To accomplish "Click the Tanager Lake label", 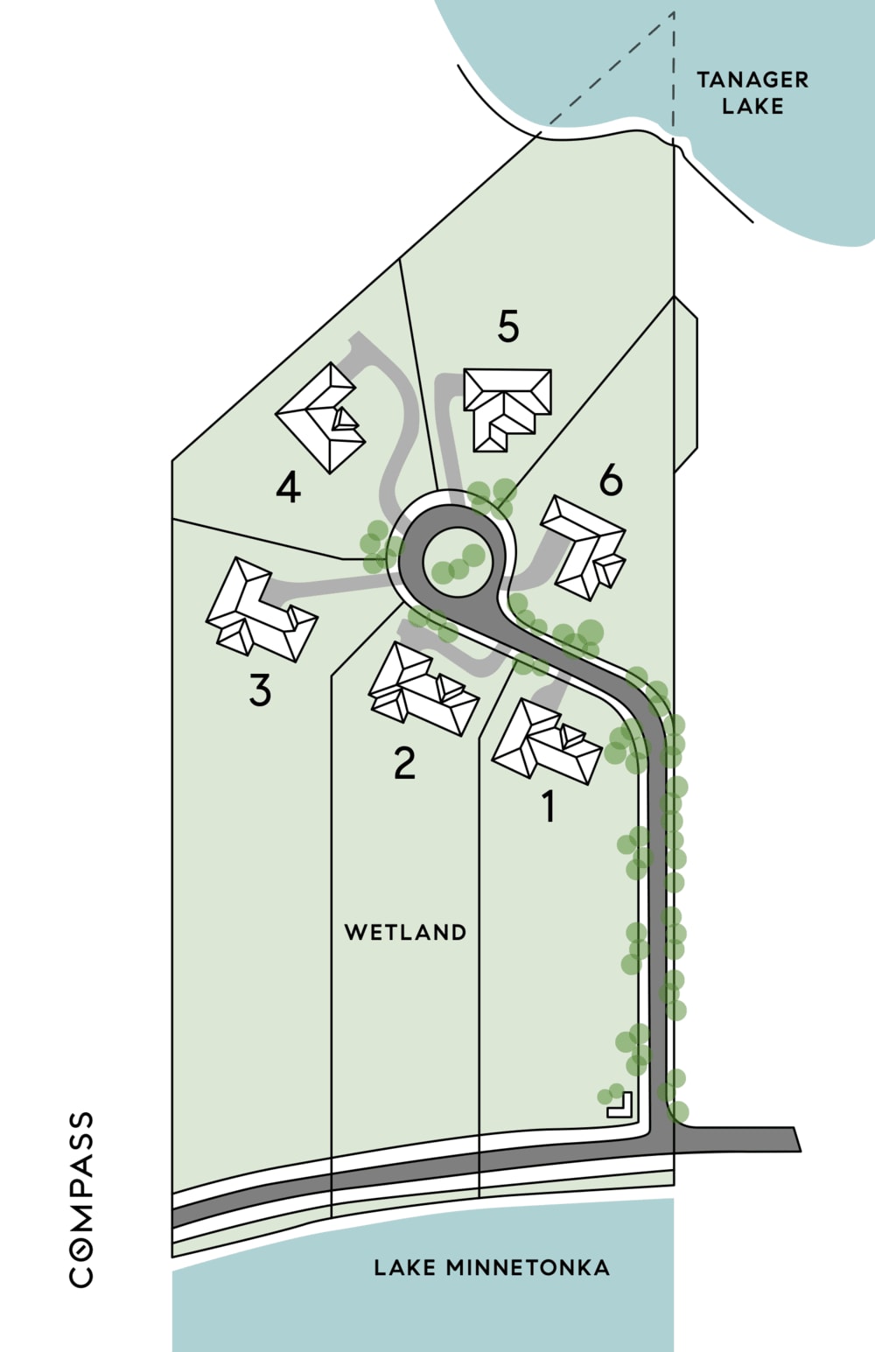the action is (752, 93).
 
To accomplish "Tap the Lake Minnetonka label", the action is (492, 1267).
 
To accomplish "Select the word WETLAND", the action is (405, 932).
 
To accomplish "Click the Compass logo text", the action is (80, 1200).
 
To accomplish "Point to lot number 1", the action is (549, 806).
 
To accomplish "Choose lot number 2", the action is (405, 763).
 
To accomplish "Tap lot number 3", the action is (260, 690).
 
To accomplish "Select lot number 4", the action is (289, 487).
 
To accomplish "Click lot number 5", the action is (508, 326).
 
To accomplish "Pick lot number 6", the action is (611, 481).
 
